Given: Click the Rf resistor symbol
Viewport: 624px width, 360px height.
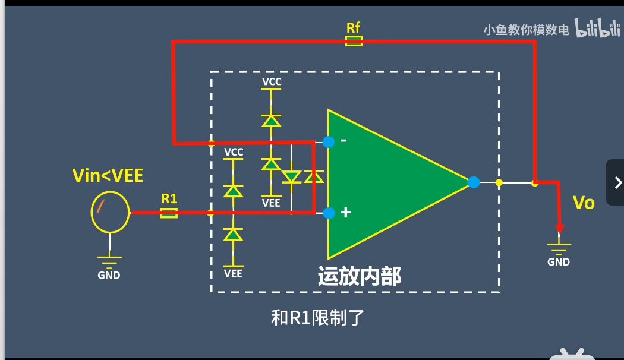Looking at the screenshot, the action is coord(354,41).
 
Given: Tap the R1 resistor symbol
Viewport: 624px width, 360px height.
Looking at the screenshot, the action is coord(169,212).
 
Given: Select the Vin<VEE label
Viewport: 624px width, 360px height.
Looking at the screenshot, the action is coord(108,176).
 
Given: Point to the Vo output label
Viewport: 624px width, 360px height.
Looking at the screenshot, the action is coord(583,203).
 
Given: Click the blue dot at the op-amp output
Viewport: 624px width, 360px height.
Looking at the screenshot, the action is coord(474,182).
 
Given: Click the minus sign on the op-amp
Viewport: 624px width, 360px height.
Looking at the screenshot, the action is coord(343,141).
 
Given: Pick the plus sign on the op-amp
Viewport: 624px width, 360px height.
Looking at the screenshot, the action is coord(345,213).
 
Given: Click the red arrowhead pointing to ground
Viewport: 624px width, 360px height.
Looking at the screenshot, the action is coord(559,229).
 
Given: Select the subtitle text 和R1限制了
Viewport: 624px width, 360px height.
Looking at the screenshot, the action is coord(317,318).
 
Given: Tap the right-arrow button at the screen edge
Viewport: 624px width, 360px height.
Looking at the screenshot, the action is coord(617,182).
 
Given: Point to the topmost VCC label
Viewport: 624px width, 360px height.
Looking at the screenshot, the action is coord(272,81).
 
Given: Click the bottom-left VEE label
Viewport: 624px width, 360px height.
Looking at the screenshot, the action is coord(233,273).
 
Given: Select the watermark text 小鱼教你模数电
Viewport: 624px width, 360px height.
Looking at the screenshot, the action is coord(527,30).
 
